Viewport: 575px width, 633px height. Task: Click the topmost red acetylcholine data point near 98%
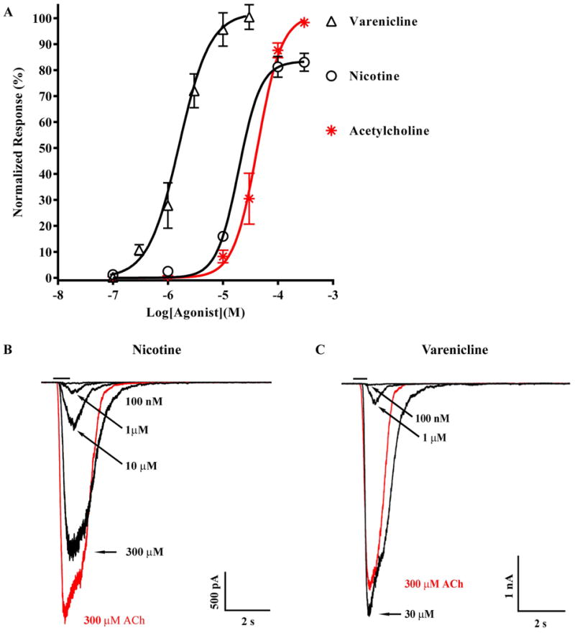point(304,23)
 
